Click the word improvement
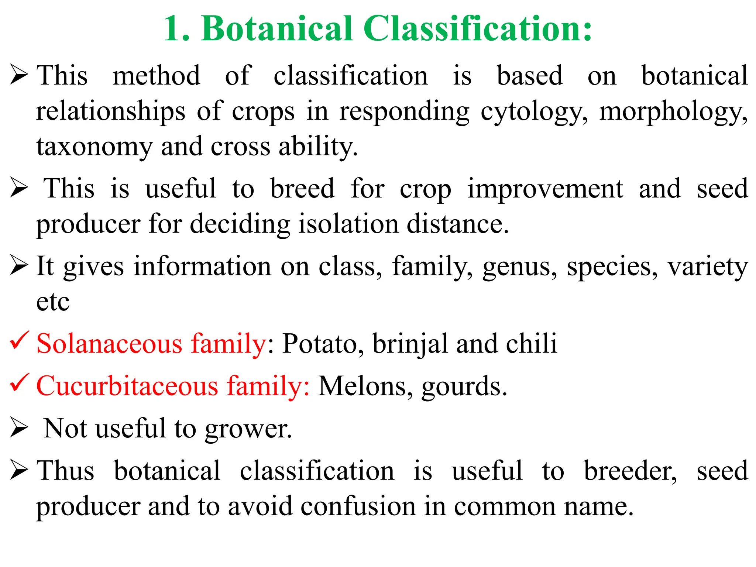click(x=545, y=189)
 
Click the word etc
click(x=52, y=302)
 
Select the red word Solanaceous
click(x=109, y=344)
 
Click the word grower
click(x=248, y=429)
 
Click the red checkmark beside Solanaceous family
click(x=19, y=340)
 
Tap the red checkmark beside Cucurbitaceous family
click(x=19, y=382)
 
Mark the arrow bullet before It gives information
click(x=19, y=265)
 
